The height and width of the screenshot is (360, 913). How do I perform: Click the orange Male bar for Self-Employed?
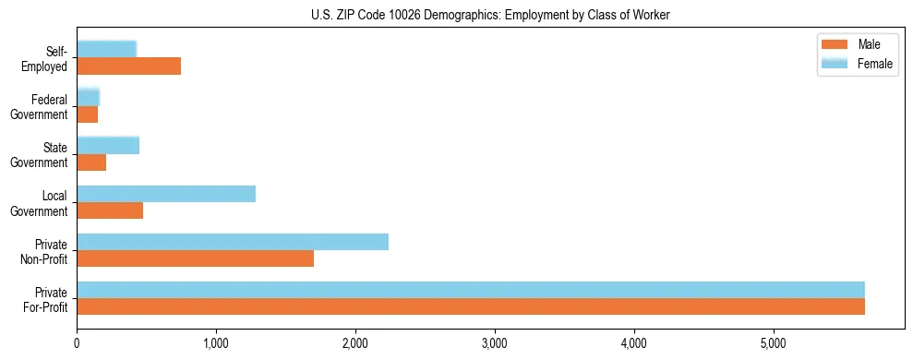click(x=128, y=66)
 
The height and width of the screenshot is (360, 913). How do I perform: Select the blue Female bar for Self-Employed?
click(x=106, y=49)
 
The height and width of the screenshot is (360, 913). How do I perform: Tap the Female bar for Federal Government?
click(x=88, y=97)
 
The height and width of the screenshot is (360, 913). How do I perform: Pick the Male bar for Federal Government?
click(x=87, y=114)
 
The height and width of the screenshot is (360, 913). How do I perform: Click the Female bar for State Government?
click(x=108, y=145)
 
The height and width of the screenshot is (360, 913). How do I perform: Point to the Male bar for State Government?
click(x=91, y=162)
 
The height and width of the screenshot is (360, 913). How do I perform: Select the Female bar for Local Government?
click(x=166, y=194)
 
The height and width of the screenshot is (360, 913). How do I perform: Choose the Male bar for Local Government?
click(x=110, y=210)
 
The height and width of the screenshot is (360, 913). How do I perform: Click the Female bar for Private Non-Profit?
click(x=233, y=242)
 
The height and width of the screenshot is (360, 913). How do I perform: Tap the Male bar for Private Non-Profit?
click(x=195, y=258)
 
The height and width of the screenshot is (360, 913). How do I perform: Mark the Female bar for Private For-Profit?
click(x=471, y=290)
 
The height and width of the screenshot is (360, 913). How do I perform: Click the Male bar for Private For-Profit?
click(x=471, y=306)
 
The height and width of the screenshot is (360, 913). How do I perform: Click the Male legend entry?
click(x=868, y=45)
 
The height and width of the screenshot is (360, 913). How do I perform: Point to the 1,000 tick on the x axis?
click(x=216, y=344)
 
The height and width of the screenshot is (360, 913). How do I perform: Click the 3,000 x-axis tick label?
click(x=495, y=344)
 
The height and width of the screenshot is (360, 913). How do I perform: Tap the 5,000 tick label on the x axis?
click(x=774, y=344)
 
